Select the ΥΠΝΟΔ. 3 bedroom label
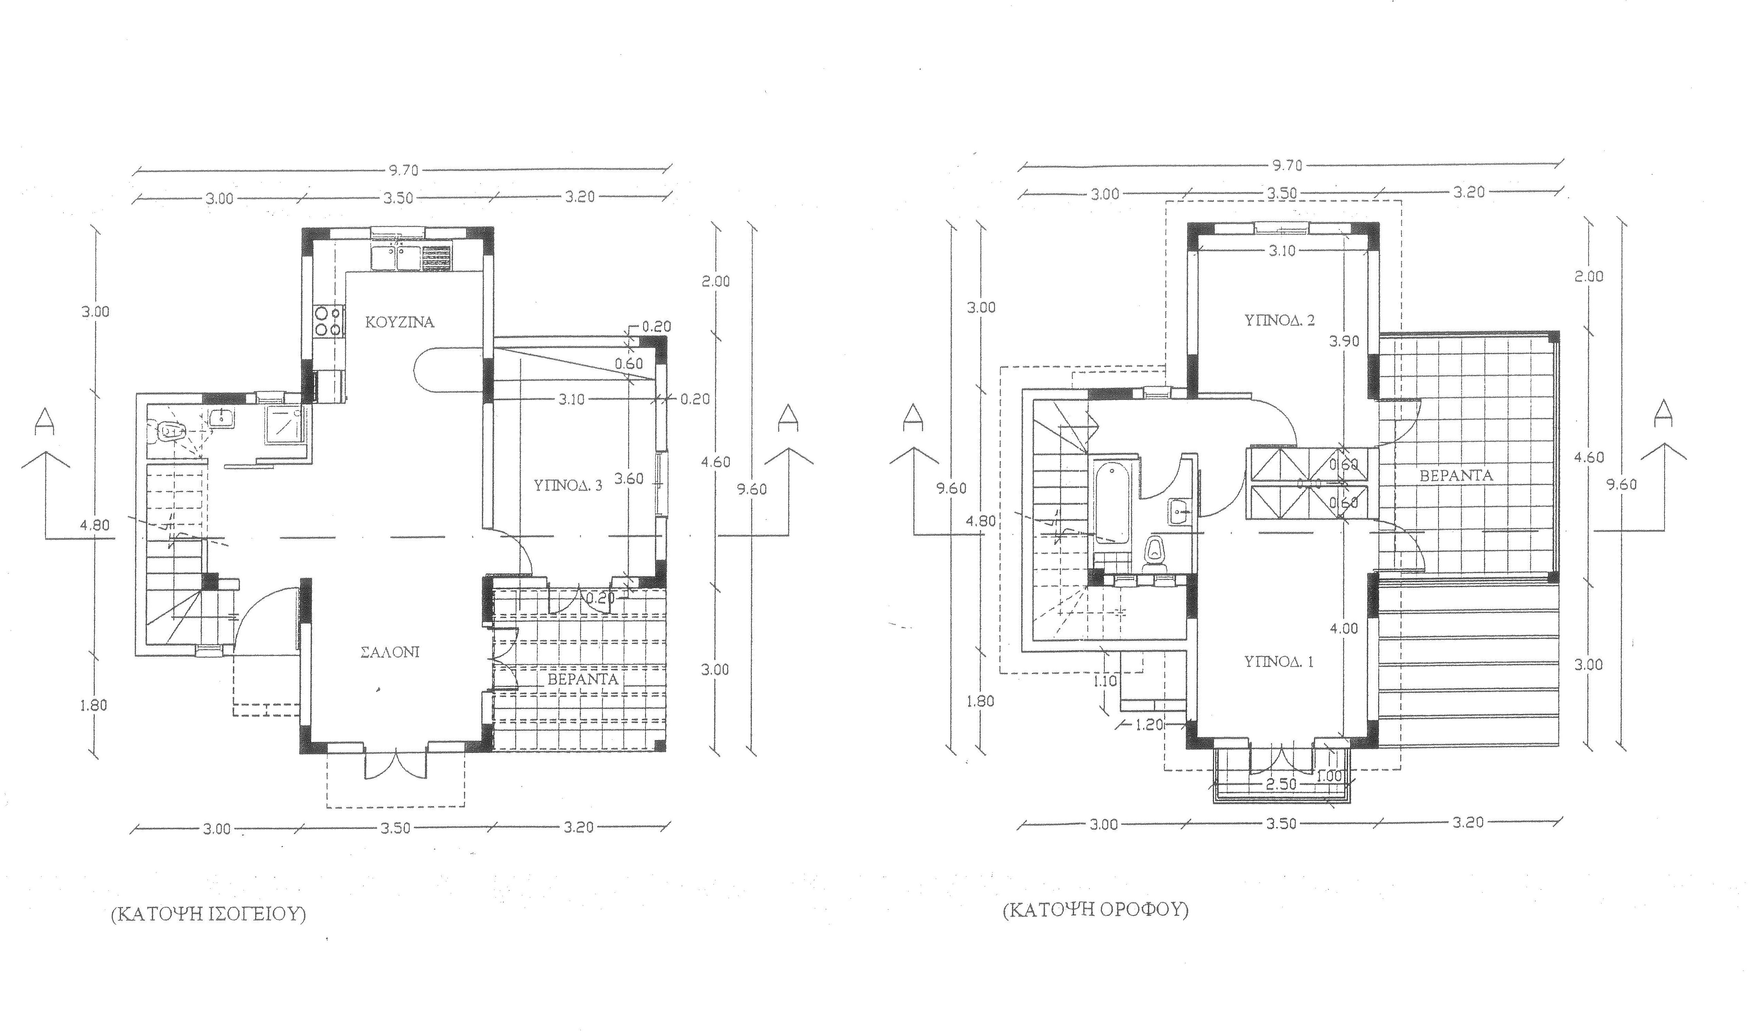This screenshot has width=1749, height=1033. (x=568, y=486)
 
